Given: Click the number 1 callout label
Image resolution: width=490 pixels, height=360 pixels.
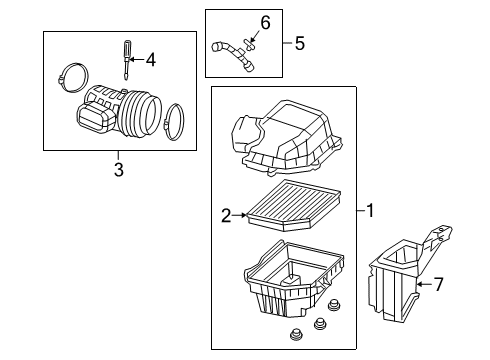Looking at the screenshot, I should [x=369, y=211].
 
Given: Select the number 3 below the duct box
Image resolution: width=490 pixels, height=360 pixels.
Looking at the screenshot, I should [x=118, y=171].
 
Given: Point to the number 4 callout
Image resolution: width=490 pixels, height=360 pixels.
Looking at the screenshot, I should [x=150, y=60].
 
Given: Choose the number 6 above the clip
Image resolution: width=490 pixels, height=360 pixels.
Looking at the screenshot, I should [x=265, y=22].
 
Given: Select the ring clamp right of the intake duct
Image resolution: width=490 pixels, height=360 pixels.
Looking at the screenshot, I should [x=174, y=120].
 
